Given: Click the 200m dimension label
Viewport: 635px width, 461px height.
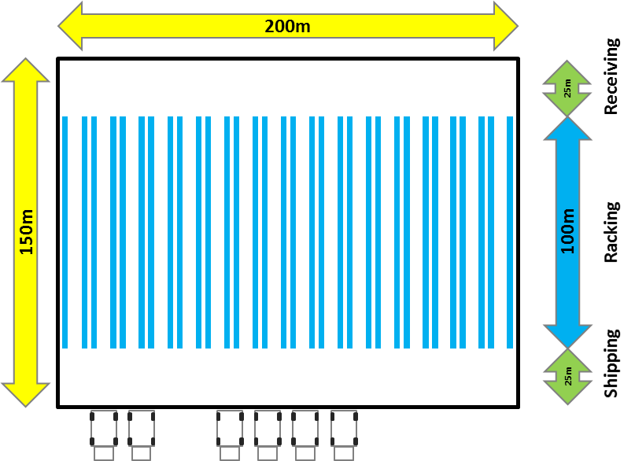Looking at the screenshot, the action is point(287,26).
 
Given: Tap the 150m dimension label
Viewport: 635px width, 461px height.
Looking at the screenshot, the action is point(26,232).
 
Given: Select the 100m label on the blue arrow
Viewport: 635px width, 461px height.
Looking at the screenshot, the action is point(568,231).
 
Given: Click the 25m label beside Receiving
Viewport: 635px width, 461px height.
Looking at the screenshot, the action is point(568,88).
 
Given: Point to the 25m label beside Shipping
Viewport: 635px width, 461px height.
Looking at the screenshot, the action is point(568,376).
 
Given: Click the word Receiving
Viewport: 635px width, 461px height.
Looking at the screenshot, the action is point(611,76).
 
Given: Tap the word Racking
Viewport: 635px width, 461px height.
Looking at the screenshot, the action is point(611,232).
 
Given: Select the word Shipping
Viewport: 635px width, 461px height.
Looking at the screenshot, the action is point(611,363).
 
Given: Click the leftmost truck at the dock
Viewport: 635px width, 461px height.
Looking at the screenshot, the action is point(104,435).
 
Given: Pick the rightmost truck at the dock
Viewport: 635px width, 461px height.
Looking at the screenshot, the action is point(344,435).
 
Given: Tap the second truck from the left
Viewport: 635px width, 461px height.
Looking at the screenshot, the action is point(142,435).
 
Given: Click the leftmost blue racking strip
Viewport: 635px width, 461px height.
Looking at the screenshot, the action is point(65,232).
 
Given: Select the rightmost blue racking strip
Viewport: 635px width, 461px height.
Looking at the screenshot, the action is point(510,232).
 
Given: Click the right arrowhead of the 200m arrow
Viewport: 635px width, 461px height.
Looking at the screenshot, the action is point(506,26).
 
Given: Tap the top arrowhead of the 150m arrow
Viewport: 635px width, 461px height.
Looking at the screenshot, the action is point(25,71).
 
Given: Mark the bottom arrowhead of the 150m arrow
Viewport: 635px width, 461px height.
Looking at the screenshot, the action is point(25,395).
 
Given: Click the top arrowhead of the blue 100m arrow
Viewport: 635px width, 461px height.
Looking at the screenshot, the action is point(568,128).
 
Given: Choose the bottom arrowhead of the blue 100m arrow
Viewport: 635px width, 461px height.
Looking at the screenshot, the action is point(568,337).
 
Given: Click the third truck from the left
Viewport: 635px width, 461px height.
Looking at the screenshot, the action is point(230,435).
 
